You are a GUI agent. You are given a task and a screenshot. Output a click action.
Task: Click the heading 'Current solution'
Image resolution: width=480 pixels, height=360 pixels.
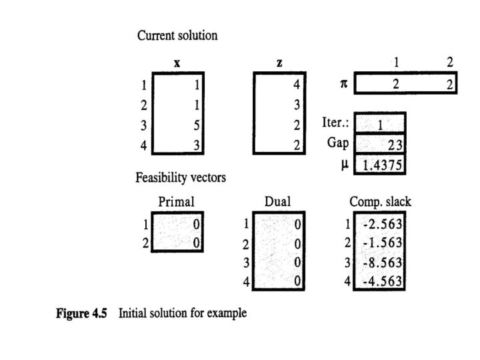[x=177, y=36]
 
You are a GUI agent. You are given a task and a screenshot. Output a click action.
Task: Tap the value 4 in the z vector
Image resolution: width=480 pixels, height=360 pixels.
[x=297, y=85]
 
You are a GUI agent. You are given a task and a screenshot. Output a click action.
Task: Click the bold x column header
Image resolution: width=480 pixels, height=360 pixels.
[x=177, y=63]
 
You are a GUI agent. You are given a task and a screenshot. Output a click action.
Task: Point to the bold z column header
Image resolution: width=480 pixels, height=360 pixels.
[x=279, y=63]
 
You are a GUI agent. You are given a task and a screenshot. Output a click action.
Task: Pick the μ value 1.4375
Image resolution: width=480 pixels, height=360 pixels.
[x=381, y=164]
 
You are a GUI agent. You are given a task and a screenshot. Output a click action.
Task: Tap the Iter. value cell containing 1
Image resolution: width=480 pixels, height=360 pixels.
[x=380, y=124]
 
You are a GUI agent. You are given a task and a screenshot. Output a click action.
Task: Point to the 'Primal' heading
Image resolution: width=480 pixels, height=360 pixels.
[x=176, y=201]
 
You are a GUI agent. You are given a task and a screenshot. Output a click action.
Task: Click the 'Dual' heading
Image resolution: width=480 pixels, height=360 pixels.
[x=278, y=201]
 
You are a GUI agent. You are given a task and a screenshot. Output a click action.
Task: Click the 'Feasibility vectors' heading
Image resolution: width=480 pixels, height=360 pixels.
[x=181, y=178]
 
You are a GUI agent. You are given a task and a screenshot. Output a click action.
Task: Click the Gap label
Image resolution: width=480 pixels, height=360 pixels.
[x=338, y=143]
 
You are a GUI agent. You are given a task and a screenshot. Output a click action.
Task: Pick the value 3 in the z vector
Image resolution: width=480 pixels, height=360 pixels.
[x=297, y=105]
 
